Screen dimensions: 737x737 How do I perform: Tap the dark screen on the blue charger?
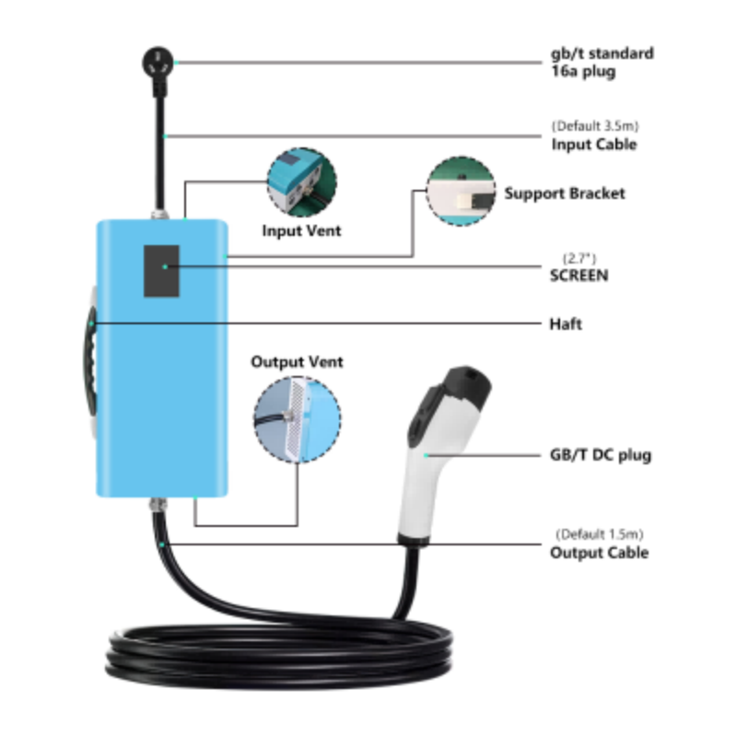pyautogui.click(x=161, y=271)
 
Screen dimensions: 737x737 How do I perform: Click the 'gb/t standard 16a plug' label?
pyautogui.click(x=602, y=62)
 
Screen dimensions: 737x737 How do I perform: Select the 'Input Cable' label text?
pyautogui.click(x=594, y=145)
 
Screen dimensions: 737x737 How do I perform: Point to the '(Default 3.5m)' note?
pyautogui.click(x=595, y=126)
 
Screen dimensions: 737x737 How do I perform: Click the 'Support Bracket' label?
pyautogui.click(x=565, y=193)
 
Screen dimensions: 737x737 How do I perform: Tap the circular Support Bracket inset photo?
pyautogui.click(x=461, y=192)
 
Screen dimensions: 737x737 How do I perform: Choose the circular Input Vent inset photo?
pyautogui.click(x=302, y=181)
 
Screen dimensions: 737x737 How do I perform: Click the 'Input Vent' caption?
pyautogui.click(x=301, y=231)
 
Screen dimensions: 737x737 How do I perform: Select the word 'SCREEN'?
pyautogui.click(x=579, y=275)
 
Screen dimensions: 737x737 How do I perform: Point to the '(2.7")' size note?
pyautogui.click(x=579, y=258)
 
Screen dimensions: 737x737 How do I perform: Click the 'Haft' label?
pyautogui.click(x=566, y=324)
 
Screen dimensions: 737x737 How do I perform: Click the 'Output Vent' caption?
pyautogui.click(x=297, y=362)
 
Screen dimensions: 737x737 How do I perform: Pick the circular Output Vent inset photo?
pyautogui.click(x=298, y=420)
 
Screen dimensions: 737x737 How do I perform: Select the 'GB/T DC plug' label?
pyautogui.click(x=601, y=455)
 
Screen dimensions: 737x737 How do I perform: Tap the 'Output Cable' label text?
pyautogui.click(x=600, y=552)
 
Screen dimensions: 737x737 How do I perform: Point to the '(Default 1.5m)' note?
pyautogui.click(x=600, y=534)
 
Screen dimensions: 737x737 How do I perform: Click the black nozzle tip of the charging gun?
pyautogui.click(x=467, y=385)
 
